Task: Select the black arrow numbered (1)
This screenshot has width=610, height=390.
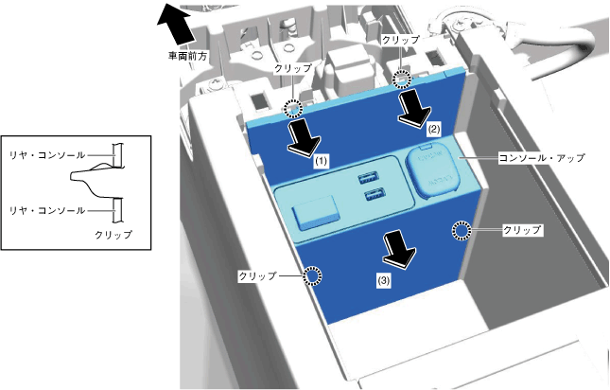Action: [x=305, y=138]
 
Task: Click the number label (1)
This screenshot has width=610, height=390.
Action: [x=322, y=162]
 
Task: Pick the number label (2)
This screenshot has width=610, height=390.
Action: [x=433, y=127]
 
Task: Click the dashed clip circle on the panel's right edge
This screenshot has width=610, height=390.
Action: [x=461, y=230]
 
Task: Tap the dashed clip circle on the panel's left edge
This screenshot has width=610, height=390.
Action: [x=311, y=275]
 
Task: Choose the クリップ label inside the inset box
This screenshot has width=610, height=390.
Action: [x=113, y=234]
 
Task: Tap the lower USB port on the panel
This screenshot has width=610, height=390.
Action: [x=372, y=196]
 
